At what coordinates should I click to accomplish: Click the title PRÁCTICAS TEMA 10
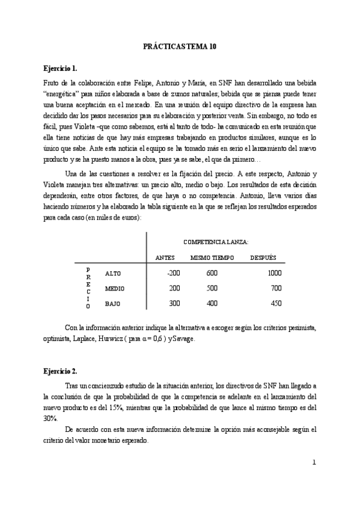coord(180,46)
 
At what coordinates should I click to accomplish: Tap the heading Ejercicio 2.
coord(60,371)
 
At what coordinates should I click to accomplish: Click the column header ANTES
coord(165,257)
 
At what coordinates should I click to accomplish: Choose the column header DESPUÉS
coord(263,257)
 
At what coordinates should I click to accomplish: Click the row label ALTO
coord(113,273)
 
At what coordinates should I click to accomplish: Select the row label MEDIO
coord(115,288)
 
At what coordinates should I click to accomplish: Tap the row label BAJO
coord(113,304)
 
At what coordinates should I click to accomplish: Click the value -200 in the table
coord(173,272)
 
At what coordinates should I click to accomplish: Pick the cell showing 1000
coord(274,272)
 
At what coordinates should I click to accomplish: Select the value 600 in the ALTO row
coord(212,272)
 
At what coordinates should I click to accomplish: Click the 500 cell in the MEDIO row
coord(212,288)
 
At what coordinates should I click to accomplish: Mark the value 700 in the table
coord(276,288)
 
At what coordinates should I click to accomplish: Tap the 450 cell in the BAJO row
coord(276,303)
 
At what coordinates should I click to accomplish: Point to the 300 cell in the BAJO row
coord(174,303)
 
